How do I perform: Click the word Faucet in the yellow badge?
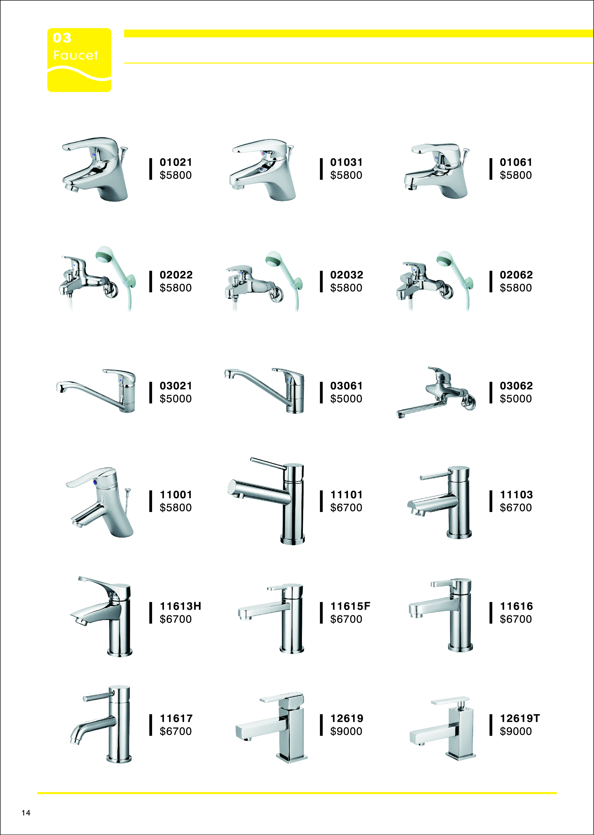(x=76, y=55)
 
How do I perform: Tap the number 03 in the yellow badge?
(x=62, y=38)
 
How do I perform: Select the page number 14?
(x=26, y=813)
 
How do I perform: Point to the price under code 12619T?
(x=516, y=731)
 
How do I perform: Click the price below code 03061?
(x=346, y=399)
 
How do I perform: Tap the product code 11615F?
(x=350, y=606)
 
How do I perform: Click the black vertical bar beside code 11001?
(x=150, y=501)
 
